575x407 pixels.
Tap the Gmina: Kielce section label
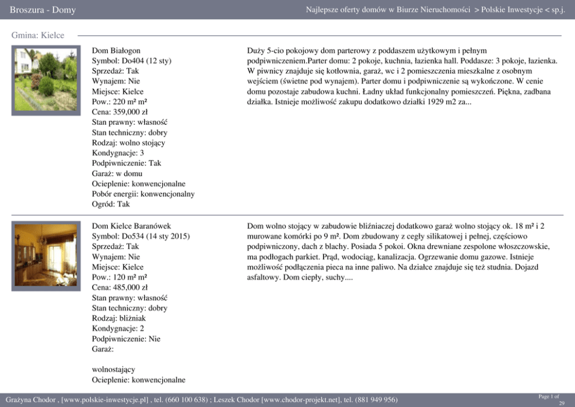(38, 35)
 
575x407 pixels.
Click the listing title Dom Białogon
(116, 51)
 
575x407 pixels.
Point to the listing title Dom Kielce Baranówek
(132, 226)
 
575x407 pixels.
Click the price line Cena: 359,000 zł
(119, 112)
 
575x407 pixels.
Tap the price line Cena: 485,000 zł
(119, 287)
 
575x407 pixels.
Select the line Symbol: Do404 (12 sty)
(132, 61)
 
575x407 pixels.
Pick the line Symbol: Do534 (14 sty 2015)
(141, 236)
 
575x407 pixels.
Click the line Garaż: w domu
(117, 173)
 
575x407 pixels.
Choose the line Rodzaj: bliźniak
(119, 318)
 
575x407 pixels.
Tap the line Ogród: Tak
(111, 204)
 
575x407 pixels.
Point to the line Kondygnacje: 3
(118, 153)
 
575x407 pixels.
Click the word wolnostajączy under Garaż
(114, 369)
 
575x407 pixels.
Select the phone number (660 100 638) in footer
(186, 400)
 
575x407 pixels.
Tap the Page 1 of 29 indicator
(551, 399)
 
